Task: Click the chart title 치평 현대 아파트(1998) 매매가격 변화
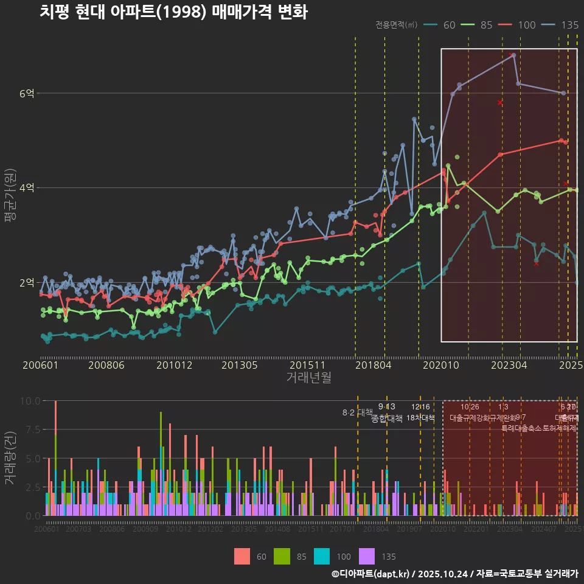click(173, 12)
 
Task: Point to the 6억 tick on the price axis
click(27, 93)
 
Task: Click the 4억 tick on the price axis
click(27, 188)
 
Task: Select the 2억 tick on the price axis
click(27, 283)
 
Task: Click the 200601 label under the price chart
click(40, 365)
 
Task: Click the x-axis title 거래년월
click(308, 378)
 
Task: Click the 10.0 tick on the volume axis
click(30, 401)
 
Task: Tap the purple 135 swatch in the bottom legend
click(367, 556)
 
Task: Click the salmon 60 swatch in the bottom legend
click(242, 556)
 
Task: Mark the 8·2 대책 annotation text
click(357, 412)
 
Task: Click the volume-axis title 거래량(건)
click(10, 458)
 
